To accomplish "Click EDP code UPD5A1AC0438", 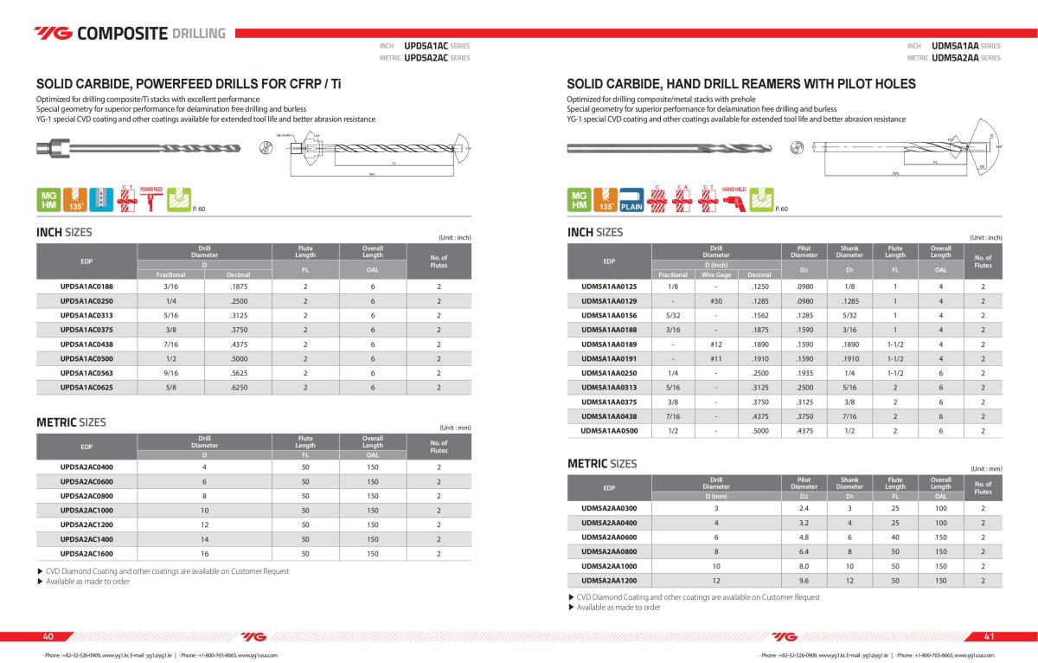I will click(x=86, y=344).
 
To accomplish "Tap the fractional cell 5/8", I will click(x=170, y=388).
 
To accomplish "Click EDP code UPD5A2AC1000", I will click(x=86, y=511).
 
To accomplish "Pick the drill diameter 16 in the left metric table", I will click(x=204, y=553).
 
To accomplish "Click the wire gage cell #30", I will click(x=716, y=300).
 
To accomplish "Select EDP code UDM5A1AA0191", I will click(x=608, y=358).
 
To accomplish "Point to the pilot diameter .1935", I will click(x=804, y=373).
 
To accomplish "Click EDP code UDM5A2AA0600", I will click(x=608, y=537).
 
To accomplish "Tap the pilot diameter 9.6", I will click(x=804, y=581).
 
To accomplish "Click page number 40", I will click(x=48, y=636).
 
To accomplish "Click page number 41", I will click(x=990, y=636).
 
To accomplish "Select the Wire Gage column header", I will click(x=716, y=274).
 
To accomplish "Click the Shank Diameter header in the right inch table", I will click(x=849, y=251).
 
